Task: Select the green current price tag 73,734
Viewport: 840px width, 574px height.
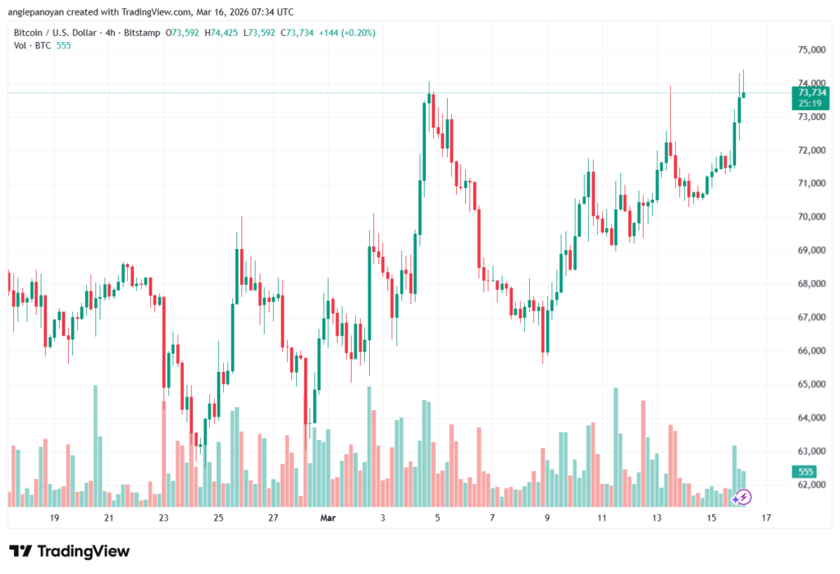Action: point(806,93)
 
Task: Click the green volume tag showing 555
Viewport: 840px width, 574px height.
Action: point(806,471)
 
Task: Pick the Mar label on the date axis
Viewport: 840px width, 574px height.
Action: point(327,518)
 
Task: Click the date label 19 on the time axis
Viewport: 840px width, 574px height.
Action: point(54,518)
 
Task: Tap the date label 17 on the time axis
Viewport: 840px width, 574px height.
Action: point(766,518)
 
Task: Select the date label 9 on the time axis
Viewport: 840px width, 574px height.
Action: point(546,518)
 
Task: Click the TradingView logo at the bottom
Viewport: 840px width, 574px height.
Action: point(69,551)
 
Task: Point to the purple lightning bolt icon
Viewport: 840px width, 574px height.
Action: point(742,496)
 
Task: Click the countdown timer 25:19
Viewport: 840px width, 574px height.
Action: point(806,104)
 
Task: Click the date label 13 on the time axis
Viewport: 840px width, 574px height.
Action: point(656,518)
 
